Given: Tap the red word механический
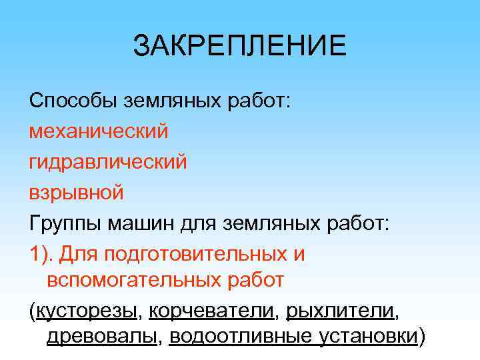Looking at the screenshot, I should pyautogui.click(x=98, y=131).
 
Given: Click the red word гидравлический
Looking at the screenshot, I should pyautogui.click(x=107, y=161).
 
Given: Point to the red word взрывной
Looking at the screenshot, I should pyautogui.click(x=76, y=192).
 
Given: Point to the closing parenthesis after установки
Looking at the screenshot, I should pyautogui.click(x=421, y=337).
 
